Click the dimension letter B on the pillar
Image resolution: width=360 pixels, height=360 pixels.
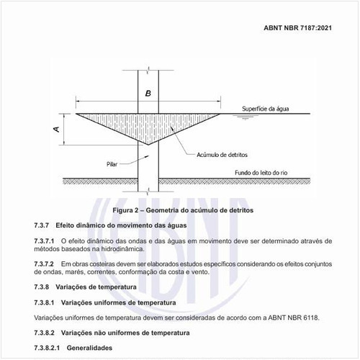coord(148,94)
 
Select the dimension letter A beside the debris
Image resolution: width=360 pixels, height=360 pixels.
coord(55,130)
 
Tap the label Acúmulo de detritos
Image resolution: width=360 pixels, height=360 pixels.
coord(224,154)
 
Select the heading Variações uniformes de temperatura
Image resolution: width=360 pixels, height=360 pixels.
coord(120,303)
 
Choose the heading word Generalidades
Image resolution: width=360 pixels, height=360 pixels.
coord(89,348)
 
